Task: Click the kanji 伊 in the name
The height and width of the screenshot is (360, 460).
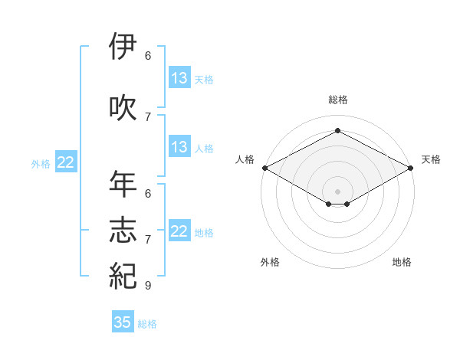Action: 123,47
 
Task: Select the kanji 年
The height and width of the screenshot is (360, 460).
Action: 123,185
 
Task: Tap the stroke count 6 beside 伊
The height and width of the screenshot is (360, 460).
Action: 148,56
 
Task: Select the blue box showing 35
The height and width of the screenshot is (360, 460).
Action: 123,322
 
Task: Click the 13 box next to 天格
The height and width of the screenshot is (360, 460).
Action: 179,78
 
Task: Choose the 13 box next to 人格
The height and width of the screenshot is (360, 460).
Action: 179,147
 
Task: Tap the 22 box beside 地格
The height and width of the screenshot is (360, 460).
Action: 179,231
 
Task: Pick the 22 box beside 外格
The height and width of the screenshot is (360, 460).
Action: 66,162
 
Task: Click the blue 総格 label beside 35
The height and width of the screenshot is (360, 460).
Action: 147,324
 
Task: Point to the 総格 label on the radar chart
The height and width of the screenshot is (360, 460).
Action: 337,100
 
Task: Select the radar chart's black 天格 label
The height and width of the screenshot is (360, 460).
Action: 431,159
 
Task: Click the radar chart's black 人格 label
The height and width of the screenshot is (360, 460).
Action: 245,159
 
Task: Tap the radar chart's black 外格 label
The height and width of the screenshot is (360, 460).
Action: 270,262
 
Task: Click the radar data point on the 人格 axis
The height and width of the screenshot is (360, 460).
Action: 264,168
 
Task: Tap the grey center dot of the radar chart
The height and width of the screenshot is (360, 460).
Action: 337,190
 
